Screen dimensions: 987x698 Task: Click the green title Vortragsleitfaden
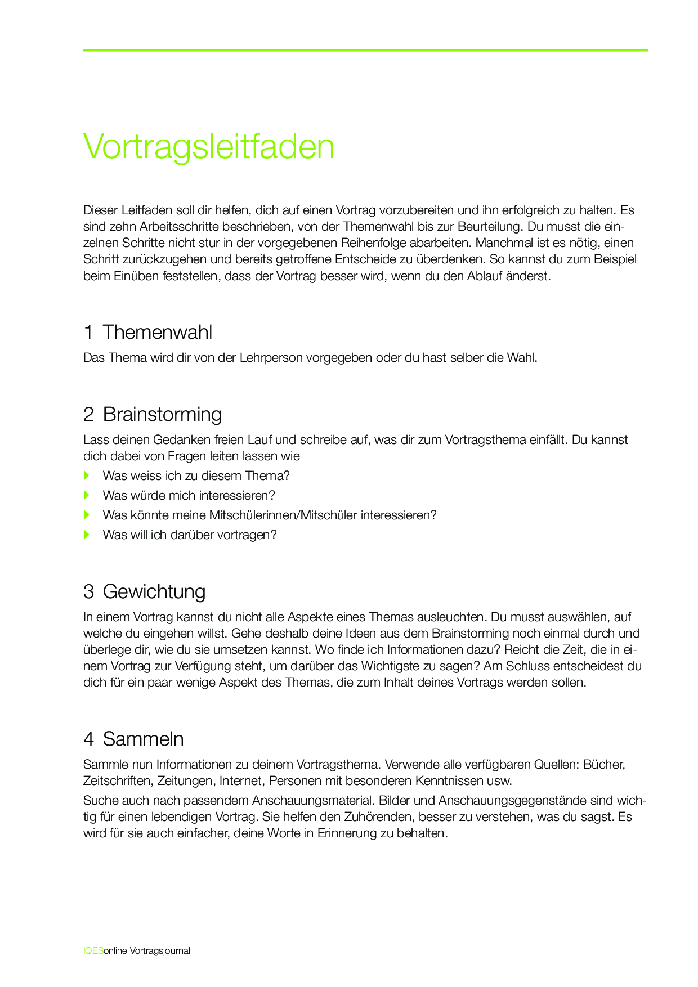click(x=209, y=147)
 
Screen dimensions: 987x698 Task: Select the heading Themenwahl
click(x=158, y=333)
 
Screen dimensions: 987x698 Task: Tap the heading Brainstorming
click(x=162, y=415)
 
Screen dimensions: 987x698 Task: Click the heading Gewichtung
click(x=154, y=592)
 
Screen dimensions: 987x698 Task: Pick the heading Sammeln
click(x=143, y=739)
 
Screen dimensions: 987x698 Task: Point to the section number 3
click(x=88, y=592)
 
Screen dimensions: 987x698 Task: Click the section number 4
click(x=88, y=739)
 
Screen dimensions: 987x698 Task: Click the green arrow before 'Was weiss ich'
click(x=87, y=475)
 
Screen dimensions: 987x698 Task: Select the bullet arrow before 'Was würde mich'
click(x=87, y=495)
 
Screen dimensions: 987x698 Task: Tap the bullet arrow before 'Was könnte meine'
click(x=87, y=515)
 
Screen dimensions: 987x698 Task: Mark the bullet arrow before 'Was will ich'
click(x=87, y=535)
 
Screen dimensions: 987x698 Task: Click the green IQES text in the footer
click(x=93, y=951)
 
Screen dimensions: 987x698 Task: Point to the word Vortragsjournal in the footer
click(x=160, y=951)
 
